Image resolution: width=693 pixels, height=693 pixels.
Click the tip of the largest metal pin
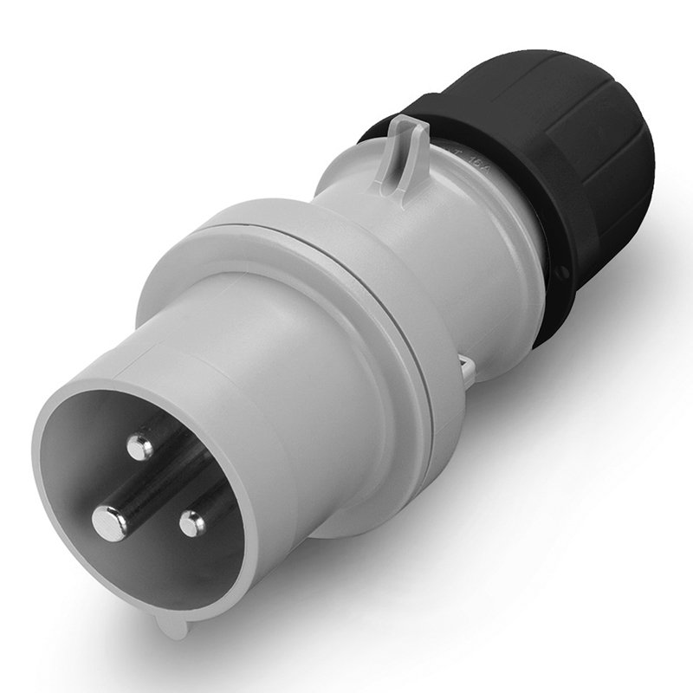coord(109,520)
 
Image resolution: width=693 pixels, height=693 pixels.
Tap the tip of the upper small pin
coord(139,447)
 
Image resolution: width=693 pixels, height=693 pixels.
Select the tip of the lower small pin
coord(191,522)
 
